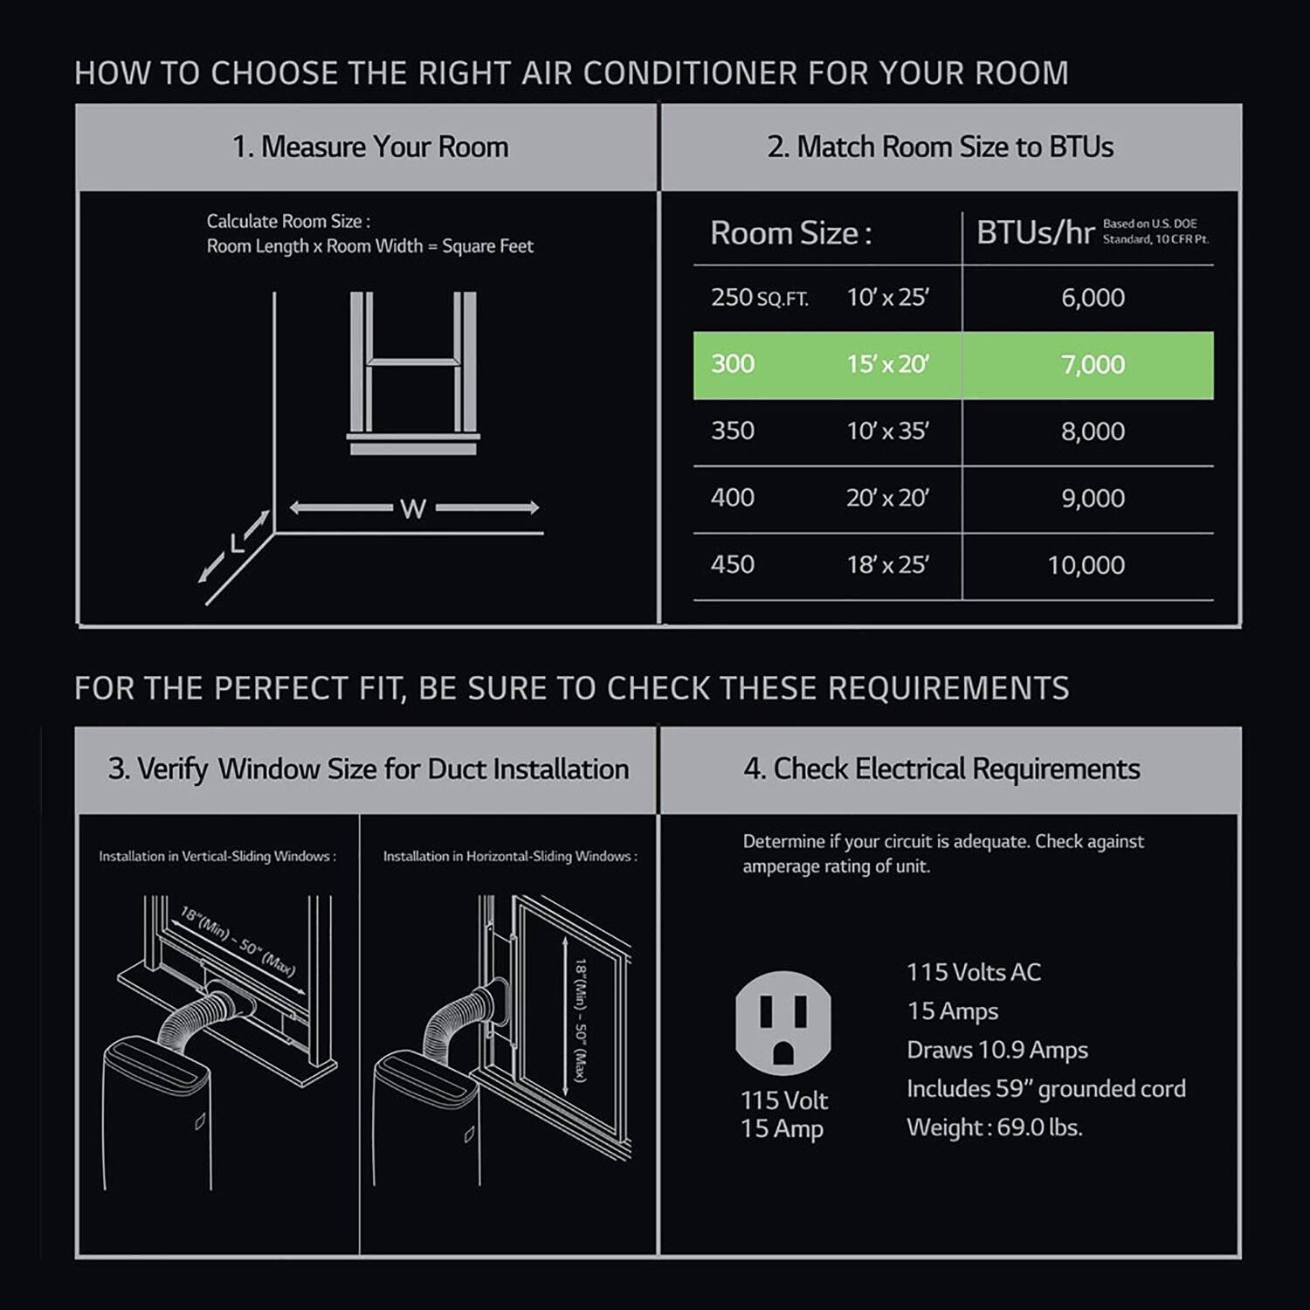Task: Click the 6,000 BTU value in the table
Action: click(1093, 298)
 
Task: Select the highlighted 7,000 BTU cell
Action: click(1093, 364)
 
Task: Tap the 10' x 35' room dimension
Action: click(887, 431)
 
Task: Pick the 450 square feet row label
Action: click(732, 564)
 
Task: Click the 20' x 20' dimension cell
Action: click(887, 498)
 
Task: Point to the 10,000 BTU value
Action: click(1086, 565)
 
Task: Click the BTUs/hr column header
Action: click(1035, 233)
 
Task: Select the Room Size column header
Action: click(790, 233)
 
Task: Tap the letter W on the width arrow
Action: click(412, 508)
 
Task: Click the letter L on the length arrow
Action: click(237, 544)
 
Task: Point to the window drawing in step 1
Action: click(413, 373)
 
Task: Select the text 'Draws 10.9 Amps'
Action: click(997, 1050)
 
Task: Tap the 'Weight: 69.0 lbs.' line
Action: click(994, 1127)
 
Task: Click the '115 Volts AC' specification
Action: click(974, 972)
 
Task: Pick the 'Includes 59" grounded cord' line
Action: click(1045, 1089)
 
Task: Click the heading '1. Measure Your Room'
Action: click(370, 147)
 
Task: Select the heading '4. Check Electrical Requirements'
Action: click(941, 769)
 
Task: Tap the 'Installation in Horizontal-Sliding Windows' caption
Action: click(510, 857)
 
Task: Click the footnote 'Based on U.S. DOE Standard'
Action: click(1155, 231)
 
